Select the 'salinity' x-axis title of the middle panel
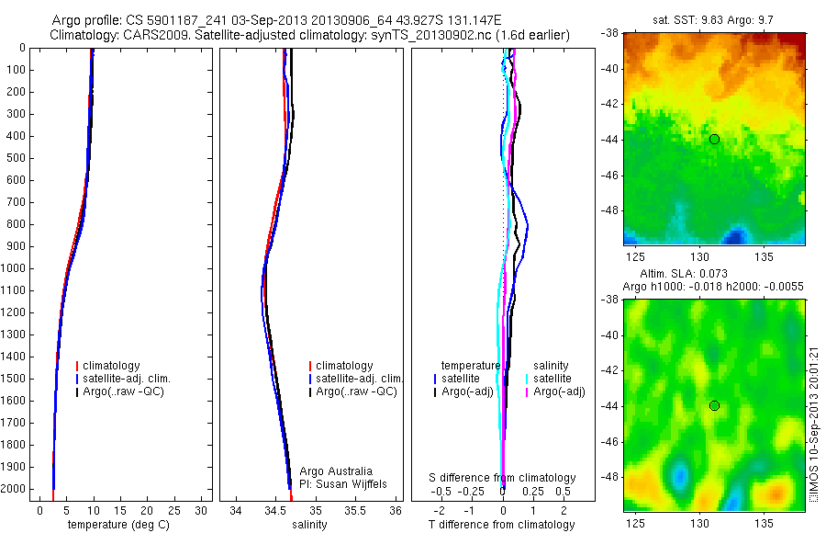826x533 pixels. point(308,525)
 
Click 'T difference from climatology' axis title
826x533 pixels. point(501,525)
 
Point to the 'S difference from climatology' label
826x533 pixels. point(503,478)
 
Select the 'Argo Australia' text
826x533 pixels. point(336,471)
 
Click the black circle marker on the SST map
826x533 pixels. point(714,139)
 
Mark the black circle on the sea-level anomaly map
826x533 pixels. point(714,405)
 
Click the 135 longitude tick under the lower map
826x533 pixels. point(766,523)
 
